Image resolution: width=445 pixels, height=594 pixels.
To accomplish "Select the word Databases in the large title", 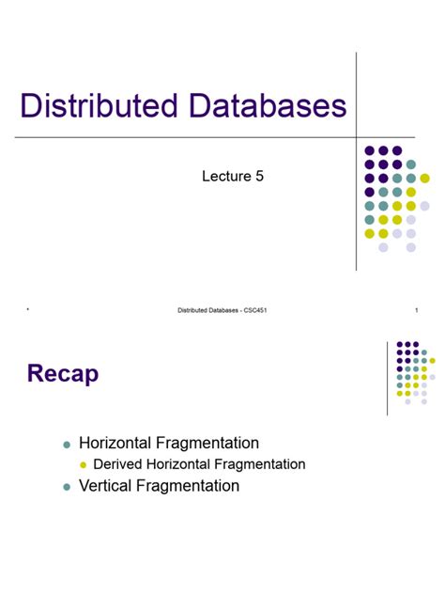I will (267, 106).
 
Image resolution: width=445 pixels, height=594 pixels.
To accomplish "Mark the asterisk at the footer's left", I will (29, 311).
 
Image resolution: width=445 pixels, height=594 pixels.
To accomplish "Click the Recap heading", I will (62, 375).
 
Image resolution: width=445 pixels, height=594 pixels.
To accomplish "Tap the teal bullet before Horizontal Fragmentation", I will (67, 444).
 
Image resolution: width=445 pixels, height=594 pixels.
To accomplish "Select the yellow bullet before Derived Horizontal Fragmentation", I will (83, 465).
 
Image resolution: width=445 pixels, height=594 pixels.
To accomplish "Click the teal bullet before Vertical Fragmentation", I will (67, 487).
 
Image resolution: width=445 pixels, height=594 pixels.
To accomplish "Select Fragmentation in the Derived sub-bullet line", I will (261, 464).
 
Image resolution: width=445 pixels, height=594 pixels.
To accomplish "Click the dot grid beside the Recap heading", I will (412, 372).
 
